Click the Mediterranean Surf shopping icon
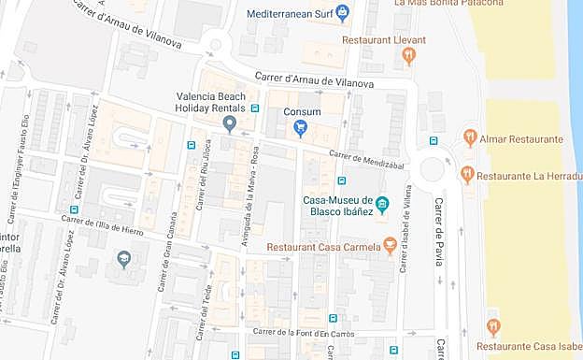(x=342, y=13)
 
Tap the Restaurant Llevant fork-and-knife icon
(x=408, y=56)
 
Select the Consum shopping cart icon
(x=300, y=128)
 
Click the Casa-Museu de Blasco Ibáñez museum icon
(x=381, y=205)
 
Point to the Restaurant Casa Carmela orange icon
(x=390, y=246)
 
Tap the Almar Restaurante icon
(x=470, y=138)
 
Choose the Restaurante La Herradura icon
(x=467, y=175)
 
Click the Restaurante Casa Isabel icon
(x=493, y=326)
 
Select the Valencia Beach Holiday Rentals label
(x=210, y=103)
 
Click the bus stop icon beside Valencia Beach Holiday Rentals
(x=255, y=109)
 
